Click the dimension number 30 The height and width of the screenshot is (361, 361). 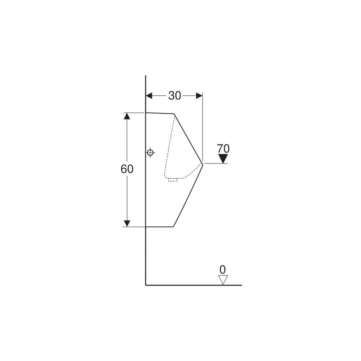174,96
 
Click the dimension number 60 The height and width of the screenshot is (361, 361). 127,169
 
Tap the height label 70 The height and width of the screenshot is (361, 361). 223,149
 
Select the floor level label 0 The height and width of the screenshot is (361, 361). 223,269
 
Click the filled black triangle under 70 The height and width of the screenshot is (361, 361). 223,159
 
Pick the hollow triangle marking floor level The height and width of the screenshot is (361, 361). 223,280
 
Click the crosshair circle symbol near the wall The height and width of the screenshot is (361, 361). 150,152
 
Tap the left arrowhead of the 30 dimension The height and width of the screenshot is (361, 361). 149,96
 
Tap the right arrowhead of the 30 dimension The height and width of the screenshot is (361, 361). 199,96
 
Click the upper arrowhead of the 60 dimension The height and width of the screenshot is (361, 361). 127,116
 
